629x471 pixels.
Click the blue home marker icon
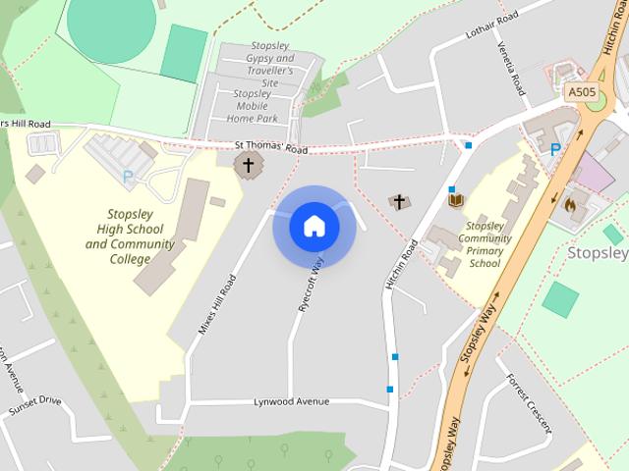(x=314, y=227)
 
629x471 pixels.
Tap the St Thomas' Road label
(x=271, y=148)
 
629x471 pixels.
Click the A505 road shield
(x=582, y=92)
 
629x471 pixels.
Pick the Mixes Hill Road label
(x=217, y=304)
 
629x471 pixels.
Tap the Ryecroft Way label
(x=311, y=285)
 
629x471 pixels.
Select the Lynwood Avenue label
(x=291, y=402)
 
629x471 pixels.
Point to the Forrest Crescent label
(x=529, y=402)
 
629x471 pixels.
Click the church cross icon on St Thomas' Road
(x=249, y=166)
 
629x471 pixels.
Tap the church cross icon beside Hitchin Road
(x=399, y=202)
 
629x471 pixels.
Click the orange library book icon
(x=455, y=201)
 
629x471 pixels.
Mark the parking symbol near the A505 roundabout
(x=555, y=149)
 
